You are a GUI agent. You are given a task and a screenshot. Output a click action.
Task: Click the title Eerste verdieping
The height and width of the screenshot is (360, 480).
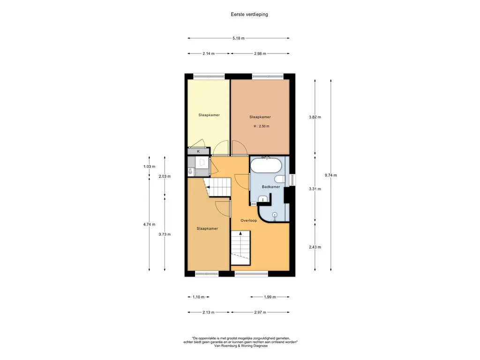249,15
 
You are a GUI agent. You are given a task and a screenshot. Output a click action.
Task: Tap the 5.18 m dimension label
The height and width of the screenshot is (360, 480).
239,38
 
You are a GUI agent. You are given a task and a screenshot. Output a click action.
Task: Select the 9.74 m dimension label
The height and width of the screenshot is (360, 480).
330,175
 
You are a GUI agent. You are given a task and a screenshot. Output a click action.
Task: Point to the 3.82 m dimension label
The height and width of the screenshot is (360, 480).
315,117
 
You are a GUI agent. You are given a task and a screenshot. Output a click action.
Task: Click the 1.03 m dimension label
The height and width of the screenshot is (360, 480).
150,166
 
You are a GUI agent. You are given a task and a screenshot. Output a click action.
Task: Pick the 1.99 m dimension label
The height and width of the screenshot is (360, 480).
270,297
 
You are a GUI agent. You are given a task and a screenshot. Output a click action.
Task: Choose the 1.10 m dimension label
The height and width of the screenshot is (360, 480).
198,297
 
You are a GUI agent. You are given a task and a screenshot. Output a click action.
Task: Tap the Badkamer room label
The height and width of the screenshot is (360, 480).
271,187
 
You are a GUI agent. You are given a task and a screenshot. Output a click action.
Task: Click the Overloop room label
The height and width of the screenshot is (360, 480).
248,220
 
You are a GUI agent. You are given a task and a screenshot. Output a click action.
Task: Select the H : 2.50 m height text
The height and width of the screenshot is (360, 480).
262,126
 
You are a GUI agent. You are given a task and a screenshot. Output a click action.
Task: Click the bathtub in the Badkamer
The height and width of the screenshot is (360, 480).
266,165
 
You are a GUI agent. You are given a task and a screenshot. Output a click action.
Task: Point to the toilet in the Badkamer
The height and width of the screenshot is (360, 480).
280,179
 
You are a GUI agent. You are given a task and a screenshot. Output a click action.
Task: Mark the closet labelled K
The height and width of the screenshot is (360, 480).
199,151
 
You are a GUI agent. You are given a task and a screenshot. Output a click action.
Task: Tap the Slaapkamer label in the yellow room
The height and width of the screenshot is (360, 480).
209,115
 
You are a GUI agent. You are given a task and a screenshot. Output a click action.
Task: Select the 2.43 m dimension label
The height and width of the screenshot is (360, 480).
315,247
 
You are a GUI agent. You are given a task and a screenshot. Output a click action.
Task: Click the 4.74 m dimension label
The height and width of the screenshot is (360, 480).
150,225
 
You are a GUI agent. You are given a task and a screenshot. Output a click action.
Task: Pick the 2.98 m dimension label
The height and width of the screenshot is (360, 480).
260,53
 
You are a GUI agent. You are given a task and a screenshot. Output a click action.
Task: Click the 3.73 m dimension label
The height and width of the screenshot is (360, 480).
165,234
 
